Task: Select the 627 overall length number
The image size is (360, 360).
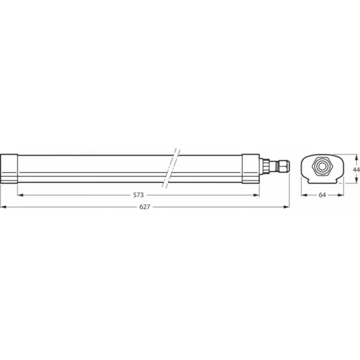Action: coord(145,207)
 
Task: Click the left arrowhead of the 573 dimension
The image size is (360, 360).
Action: coord(19,195)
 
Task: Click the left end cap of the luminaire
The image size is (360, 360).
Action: coord(10,169)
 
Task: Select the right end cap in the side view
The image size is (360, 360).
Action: coord(251,169)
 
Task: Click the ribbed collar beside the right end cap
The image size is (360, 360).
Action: coord(265,166)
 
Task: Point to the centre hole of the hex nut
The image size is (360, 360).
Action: coord(321,166)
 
